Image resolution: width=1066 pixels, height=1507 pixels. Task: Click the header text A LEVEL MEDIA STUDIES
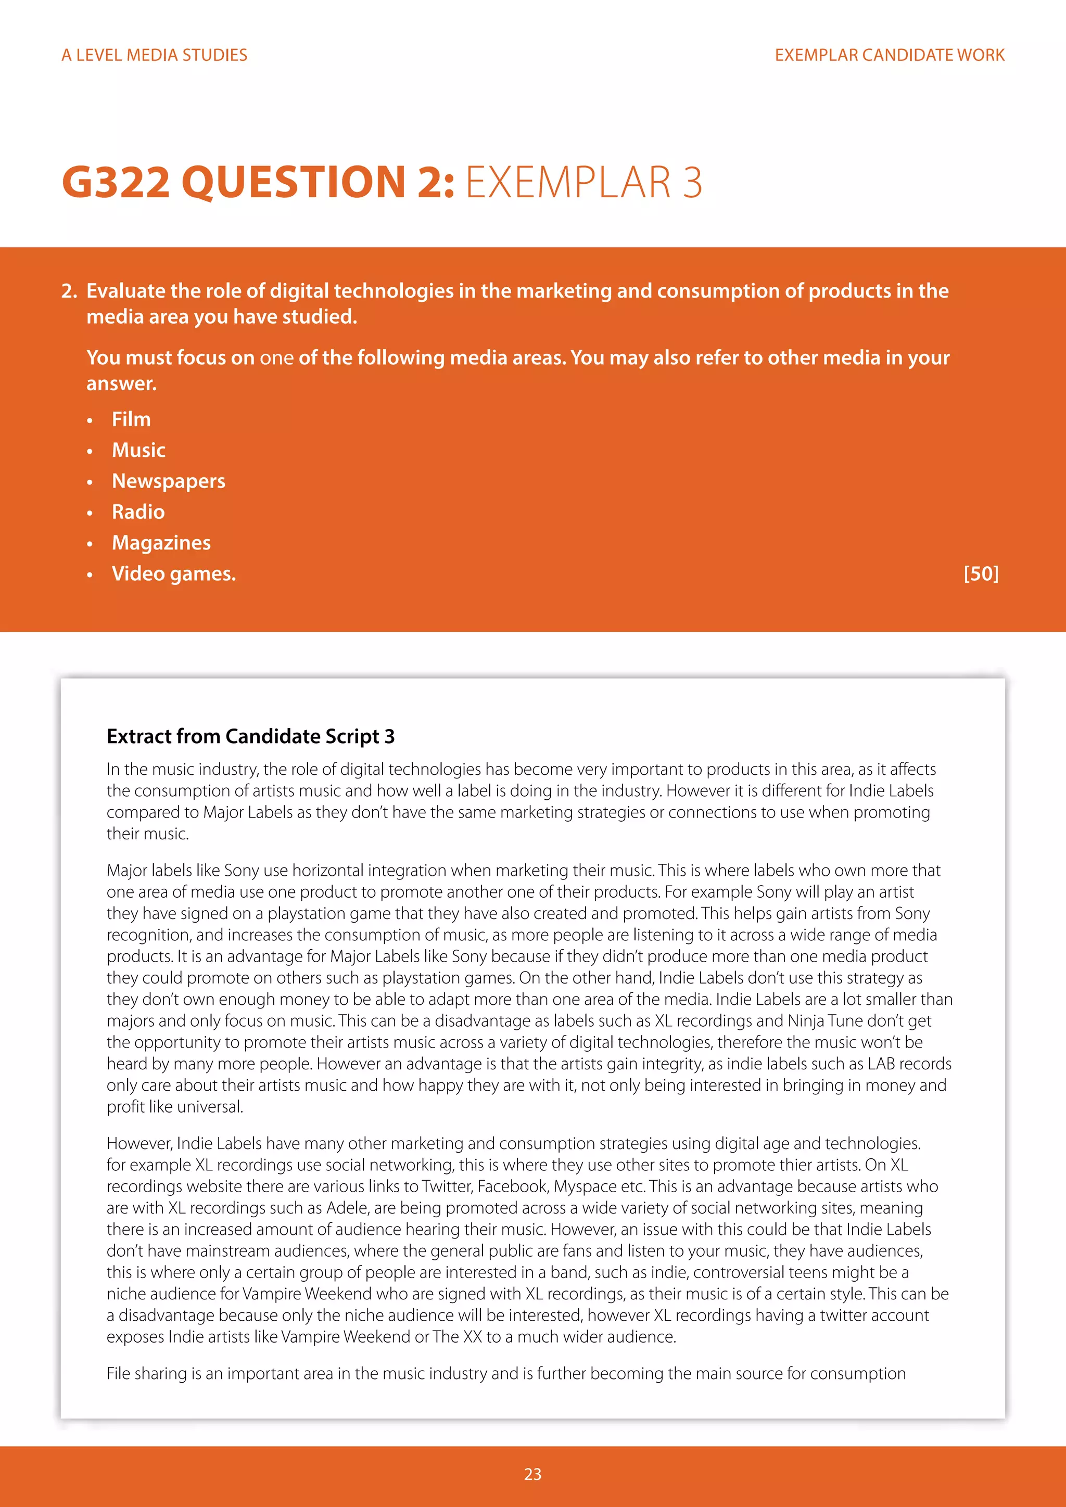(154, 55)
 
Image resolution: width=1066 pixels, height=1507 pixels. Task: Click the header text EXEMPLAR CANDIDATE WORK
(890, 55)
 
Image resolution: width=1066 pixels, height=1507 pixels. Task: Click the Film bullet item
(131, 419)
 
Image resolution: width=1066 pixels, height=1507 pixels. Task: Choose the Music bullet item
(138, 450)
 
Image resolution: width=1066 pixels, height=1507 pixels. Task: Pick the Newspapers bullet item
(169, 481)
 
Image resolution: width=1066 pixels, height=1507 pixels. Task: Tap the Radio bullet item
(138, 512)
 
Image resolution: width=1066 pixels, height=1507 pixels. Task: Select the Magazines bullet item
(161, 543)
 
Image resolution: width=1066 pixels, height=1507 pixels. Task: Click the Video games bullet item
(173, 573)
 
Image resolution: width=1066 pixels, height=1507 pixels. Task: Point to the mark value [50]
(981, 573)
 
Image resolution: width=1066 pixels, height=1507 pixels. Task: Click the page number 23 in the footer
(532, 1474)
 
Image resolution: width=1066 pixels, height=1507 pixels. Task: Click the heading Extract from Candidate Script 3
(250, 736)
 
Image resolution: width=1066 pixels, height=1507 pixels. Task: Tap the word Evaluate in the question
(125, 291)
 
